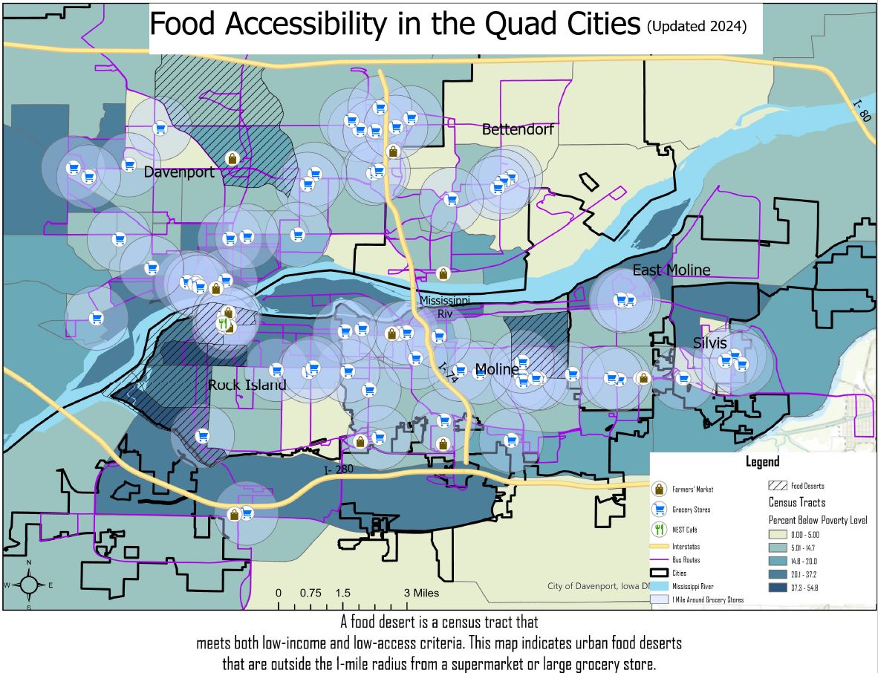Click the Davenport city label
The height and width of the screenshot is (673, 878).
[x=179, y=172]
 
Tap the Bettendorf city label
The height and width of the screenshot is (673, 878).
[x=518, y=129]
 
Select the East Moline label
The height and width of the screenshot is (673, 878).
[x=671, y=270]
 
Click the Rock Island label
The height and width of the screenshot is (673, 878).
[x=247, y=386]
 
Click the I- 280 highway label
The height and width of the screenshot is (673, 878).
[x=339, y=469]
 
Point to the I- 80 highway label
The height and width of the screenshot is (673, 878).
[x=862, y=114]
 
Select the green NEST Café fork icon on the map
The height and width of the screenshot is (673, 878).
[x=222, y=324]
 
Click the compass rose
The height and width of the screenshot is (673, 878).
[x=28, y=585]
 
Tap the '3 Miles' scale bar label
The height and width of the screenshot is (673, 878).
[x=421, y=593]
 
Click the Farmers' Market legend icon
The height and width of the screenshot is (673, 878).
[x=658, y=489]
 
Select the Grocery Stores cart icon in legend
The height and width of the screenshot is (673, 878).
[x=658, y=510]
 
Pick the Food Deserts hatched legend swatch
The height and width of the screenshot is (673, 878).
[x=778, y=485]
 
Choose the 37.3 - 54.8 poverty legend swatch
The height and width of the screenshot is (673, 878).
[x=778, y=587]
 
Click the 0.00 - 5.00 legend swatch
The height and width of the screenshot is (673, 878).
[x=778, y=533]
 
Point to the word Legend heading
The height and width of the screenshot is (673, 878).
[x=763, y=462]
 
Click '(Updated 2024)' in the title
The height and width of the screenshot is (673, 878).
[x=696, y=25]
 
